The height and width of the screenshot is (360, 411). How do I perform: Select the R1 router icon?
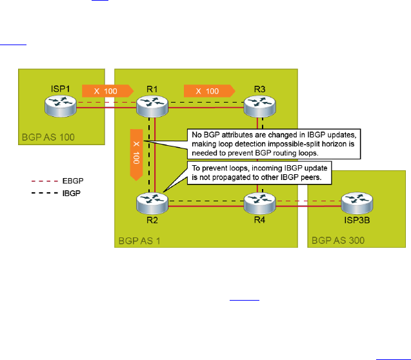click(x=152, y=105)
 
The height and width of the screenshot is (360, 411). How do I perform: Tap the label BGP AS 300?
click(x=337, y=242)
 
